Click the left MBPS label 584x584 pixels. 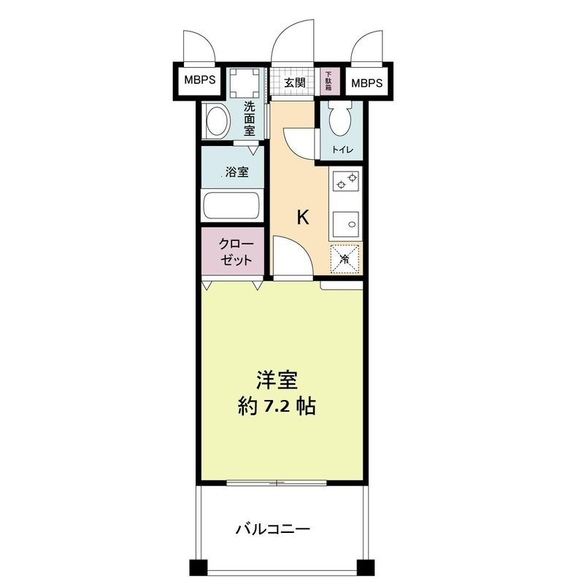199,80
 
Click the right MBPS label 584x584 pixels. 366,82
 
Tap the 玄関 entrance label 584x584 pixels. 294,82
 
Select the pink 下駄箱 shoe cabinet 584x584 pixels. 328,81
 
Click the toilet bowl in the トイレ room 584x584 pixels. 339,119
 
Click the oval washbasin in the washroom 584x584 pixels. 215,121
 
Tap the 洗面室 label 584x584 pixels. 250,118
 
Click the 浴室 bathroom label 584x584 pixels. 236,173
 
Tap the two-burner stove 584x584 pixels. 346,183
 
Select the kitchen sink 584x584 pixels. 346,223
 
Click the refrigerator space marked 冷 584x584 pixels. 346,258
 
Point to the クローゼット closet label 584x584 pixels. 237,251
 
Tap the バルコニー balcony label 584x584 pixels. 273,529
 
